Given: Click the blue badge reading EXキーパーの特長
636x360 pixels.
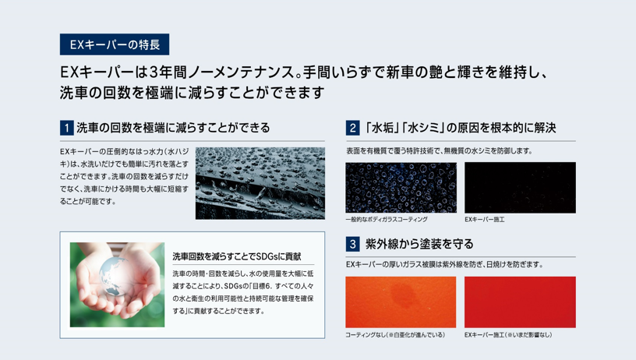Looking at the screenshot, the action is click(115, 44).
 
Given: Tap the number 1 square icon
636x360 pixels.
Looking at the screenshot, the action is click(66, 128).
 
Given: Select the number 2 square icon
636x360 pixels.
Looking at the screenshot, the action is click(352, 128).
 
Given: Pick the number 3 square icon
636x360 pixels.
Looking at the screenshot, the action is click(352, 244).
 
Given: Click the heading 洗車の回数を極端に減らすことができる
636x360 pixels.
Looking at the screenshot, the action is click(173, 128).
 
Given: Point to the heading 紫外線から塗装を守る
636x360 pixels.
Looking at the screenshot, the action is click(419, 244).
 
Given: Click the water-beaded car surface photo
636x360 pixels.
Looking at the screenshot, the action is click(260, 183).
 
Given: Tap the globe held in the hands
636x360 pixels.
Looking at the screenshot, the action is click(115, 276).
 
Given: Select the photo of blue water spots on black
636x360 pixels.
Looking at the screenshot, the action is click(401, 188).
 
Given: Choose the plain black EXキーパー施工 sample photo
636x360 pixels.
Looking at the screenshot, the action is click(520, 188).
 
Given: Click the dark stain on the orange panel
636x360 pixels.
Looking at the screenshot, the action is click(401, 292).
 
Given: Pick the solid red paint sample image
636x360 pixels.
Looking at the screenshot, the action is click(520, 302).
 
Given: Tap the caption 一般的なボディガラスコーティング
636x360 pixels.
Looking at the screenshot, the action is click(387, 219).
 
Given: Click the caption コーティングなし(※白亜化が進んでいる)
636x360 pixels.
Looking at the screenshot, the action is click(395, 335).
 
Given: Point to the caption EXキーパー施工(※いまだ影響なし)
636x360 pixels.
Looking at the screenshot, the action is click(508, 335).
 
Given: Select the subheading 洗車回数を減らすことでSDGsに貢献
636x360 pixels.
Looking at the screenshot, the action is click(237, 256).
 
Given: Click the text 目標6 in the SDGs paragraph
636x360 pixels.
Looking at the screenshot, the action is click(262, 286).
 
